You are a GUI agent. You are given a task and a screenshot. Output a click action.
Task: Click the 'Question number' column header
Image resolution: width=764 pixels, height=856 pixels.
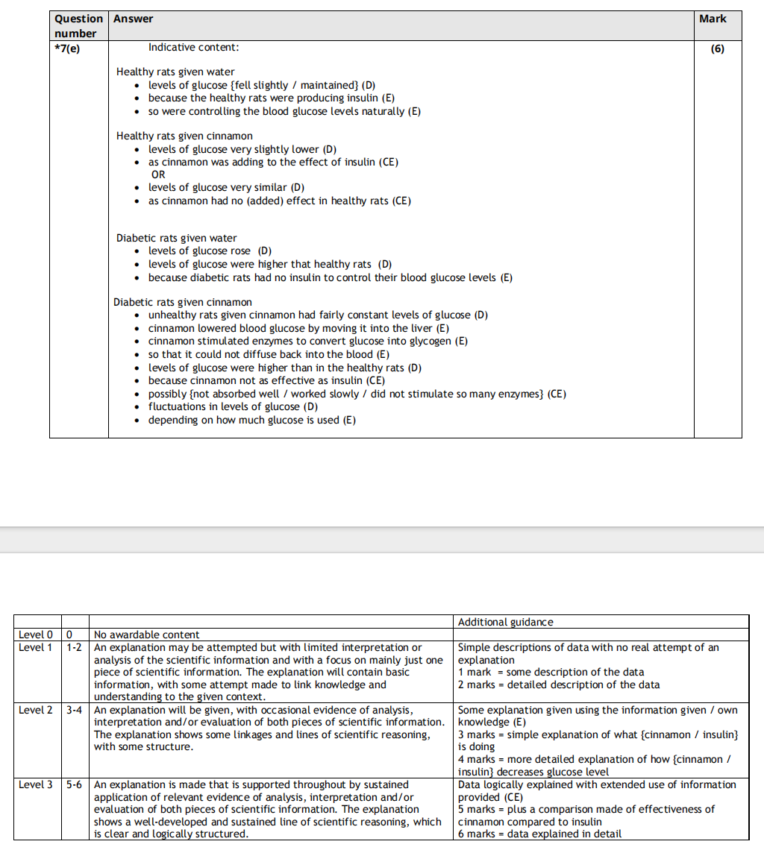[x=78, y=26]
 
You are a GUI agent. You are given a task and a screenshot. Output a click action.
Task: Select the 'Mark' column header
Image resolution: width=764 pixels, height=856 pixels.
[x=713, y=19]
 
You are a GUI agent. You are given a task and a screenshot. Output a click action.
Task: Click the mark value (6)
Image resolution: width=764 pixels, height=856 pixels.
[x=717, y=48]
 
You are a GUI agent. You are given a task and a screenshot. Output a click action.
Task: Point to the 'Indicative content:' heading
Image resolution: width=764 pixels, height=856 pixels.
[x=193, y=47]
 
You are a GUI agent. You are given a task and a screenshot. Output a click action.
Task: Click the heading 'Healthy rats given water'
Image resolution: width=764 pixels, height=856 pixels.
[x=175, y=72]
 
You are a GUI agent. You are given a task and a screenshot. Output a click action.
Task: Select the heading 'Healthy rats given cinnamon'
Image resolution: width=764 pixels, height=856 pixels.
[x=184, y=136]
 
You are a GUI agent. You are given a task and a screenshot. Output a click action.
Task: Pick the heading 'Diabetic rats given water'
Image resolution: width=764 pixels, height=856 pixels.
[x=176, y=238]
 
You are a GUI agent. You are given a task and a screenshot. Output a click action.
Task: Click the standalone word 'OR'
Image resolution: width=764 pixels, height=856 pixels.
[x=158, y=174]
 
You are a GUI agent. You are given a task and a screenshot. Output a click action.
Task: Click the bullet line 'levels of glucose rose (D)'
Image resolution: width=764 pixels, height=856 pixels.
[x=210, y=251]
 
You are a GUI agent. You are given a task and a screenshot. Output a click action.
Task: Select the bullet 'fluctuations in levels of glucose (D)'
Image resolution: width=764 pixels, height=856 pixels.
[x=233, y=406]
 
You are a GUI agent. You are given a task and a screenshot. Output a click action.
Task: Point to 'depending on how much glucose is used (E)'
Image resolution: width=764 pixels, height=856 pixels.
[x=251, y=420]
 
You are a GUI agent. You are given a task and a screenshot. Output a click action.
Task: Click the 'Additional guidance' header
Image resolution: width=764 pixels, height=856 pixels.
[x=505, y=622]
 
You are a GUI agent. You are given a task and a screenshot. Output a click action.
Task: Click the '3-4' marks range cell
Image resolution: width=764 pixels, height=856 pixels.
[x=74, y=710]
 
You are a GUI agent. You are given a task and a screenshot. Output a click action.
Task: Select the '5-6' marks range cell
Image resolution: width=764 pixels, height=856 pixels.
[x=74, y=784]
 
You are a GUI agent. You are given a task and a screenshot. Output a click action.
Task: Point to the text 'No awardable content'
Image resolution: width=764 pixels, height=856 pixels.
[x=147, y=635]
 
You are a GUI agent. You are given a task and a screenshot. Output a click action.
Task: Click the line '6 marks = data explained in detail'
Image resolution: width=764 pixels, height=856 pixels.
[x=539, y=834]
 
